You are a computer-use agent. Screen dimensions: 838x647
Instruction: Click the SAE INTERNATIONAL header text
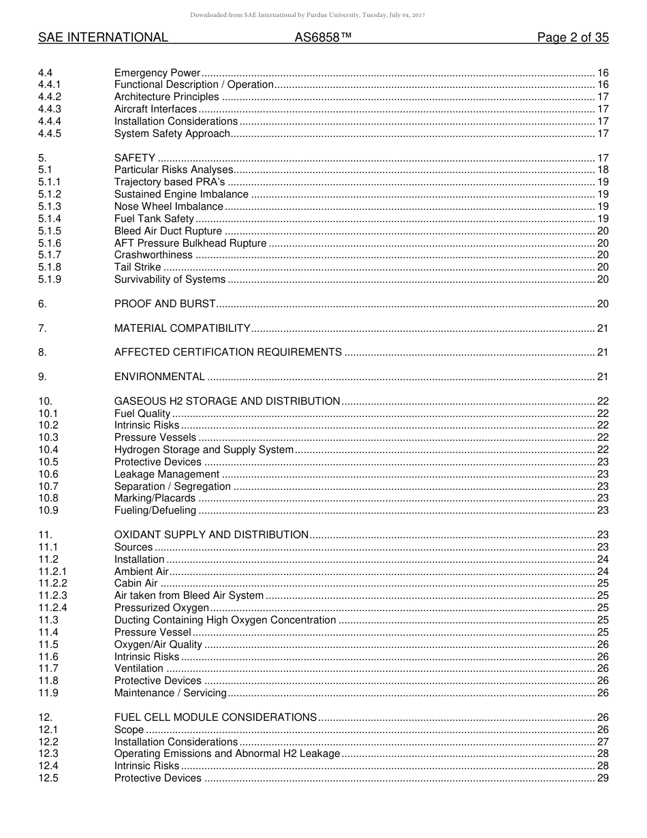point(103,38)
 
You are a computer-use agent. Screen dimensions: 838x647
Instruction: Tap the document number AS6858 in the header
point(323,38)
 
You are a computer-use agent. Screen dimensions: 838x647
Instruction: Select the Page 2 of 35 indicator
point(573,38)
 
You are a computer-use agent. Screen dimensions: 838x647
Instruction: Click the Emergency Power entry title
point(157,73)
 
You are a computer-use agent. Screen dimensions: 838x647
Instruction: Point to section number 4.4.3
point(50,109)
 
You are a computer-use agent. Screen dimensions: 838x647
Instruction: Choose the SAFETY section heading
point(135,158)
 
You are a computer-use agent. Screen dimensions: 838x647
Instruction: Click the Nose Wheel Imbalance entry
point(169,206)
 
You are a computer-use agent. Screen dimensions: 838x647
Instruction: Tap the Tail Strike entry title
point(138,267)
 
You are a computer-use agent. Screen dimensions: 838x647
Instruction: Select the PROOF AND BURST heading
point(165,304)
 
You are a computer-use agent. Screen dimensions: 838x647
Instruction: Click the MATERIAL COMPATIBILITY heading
point(183,328)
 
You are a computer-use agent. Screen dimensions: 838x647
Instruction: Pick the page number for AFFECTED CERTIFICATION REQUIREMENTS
point(602,352)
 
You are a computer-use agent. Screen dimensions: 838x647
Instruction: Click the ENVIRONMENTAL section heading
point(159,377)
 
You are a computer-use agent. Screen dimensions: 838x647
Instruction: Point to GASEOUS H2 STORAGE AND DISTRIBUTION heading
point(227,401)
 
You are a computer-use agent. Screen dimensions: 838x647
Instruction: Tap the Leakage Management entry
point(167,474)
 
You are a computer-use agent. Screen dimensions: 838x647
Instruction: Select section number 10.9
point(48,510)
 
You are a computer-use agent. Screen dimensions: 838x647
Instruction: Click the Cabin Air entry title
point(136,583)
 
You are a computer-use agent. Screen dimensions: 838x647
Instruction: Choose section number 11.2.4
point(52,608)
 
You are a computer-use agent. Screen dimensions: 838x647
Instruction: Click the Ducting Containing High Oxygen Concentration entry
point(225,620)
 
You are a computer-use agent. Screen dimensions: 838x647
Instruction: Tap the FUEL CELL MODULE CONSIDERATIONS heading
point(215,717)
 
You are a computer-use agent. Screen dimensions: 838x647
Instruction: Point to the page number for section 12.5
point(602,778)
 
